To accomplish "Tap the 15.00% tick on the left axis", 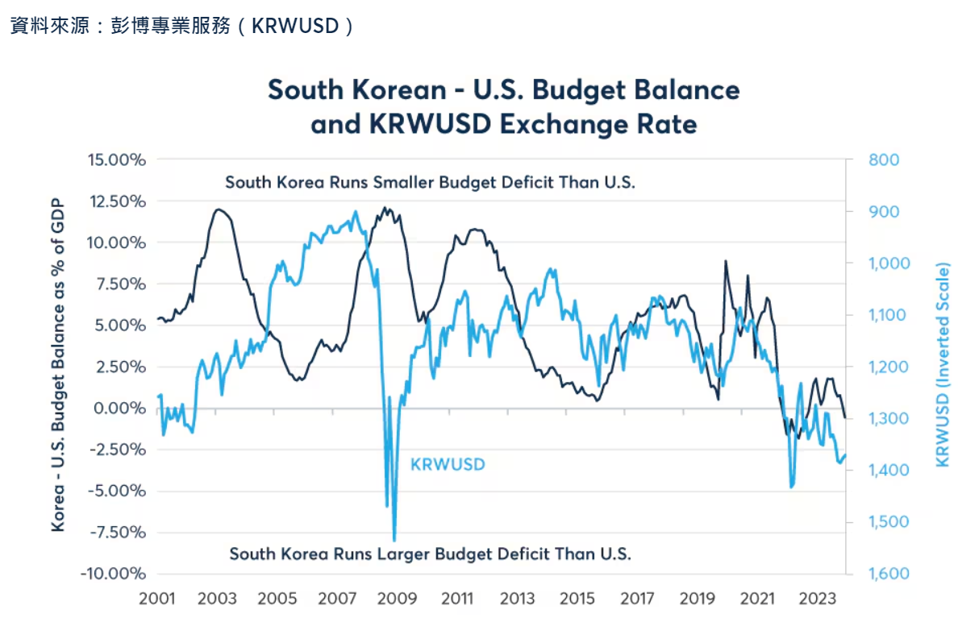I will coord(113,160).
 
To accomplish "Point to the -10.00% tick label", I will coord(113,574).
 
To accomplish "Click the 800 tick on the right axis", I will coord(885,160).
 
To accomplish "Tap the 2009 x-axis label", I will coord(398,599).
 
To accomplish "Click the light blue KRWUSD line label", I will coord(448,465).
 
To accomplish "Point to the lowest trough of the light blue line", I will coord(394,540).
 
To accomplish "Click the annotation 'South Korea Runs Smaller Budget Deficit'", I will coord(430,183).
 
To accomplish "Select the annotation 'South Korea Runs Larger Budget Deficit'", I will coord(430,554).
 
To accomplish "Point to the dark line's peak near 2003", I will coord(218,209).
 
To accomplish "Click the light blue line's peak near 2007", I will coord(356,213).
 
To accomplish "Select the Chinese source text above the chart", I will coord(182,25).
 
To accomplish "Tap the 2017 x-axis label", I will coord(638,599).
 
